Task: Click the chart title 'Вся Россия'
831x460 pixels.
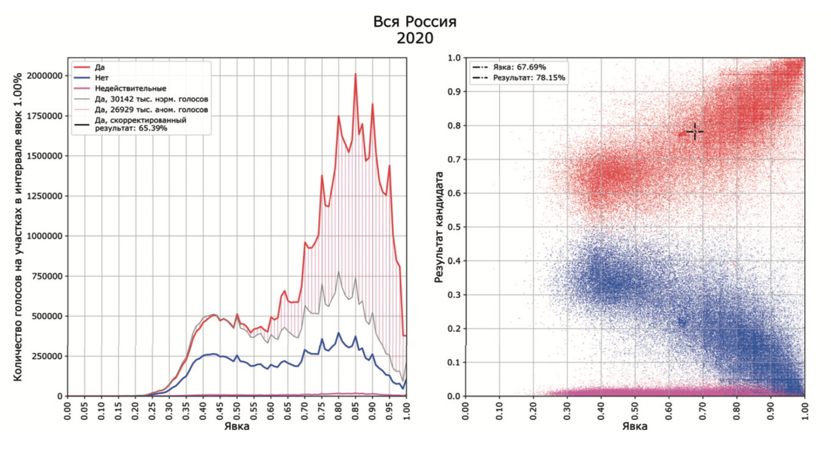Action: (415, 22)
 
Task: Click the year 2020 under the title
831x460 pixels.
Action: (415, 38)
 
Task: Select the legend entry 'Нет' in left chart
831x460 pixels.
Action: (102, 78)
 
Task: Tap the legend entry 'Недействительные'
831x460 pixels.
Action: (130, 89)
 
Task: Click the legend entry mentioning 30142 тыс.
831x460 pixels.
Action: (151, 99)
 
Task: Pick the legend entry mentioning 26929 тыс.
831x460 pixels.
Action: (151, 110)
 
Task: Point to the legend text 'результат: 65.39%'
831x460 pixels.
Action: (131, 128)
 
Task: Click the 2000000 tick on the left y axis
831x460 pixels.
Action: (42, 76)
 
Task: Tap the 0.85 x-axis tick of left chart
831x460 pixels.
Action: (356, 409)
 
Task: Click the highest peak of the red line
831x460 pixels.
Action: (355, 74)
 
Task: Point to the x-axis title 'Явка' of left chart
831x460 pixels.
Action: (237, 427)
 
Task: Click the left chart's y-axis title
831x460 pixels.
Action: (18, 226)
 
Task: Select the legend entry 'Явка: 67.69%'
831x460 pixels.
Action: (519, 67)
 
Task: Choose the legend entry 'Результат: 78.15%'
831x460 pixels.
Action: (529, 78)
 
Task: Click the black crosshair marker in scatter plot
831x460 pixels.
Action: (695, 132)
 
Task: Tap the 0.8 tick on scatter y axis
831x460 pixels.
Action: (454, 125)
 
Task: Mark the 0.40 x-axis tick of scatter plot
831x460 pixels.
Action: (602, 409)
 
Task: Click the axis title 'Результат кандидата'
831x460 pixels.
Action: (439, 226)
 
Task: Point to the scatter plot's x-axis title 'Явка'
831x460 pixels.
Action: (635, 427)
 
